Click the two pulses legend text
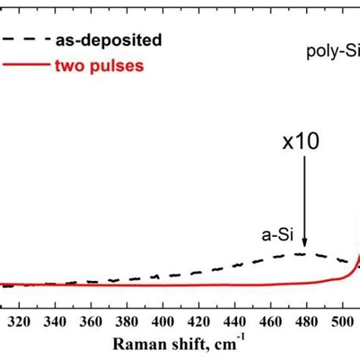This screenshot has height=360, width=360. [99, 65]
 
